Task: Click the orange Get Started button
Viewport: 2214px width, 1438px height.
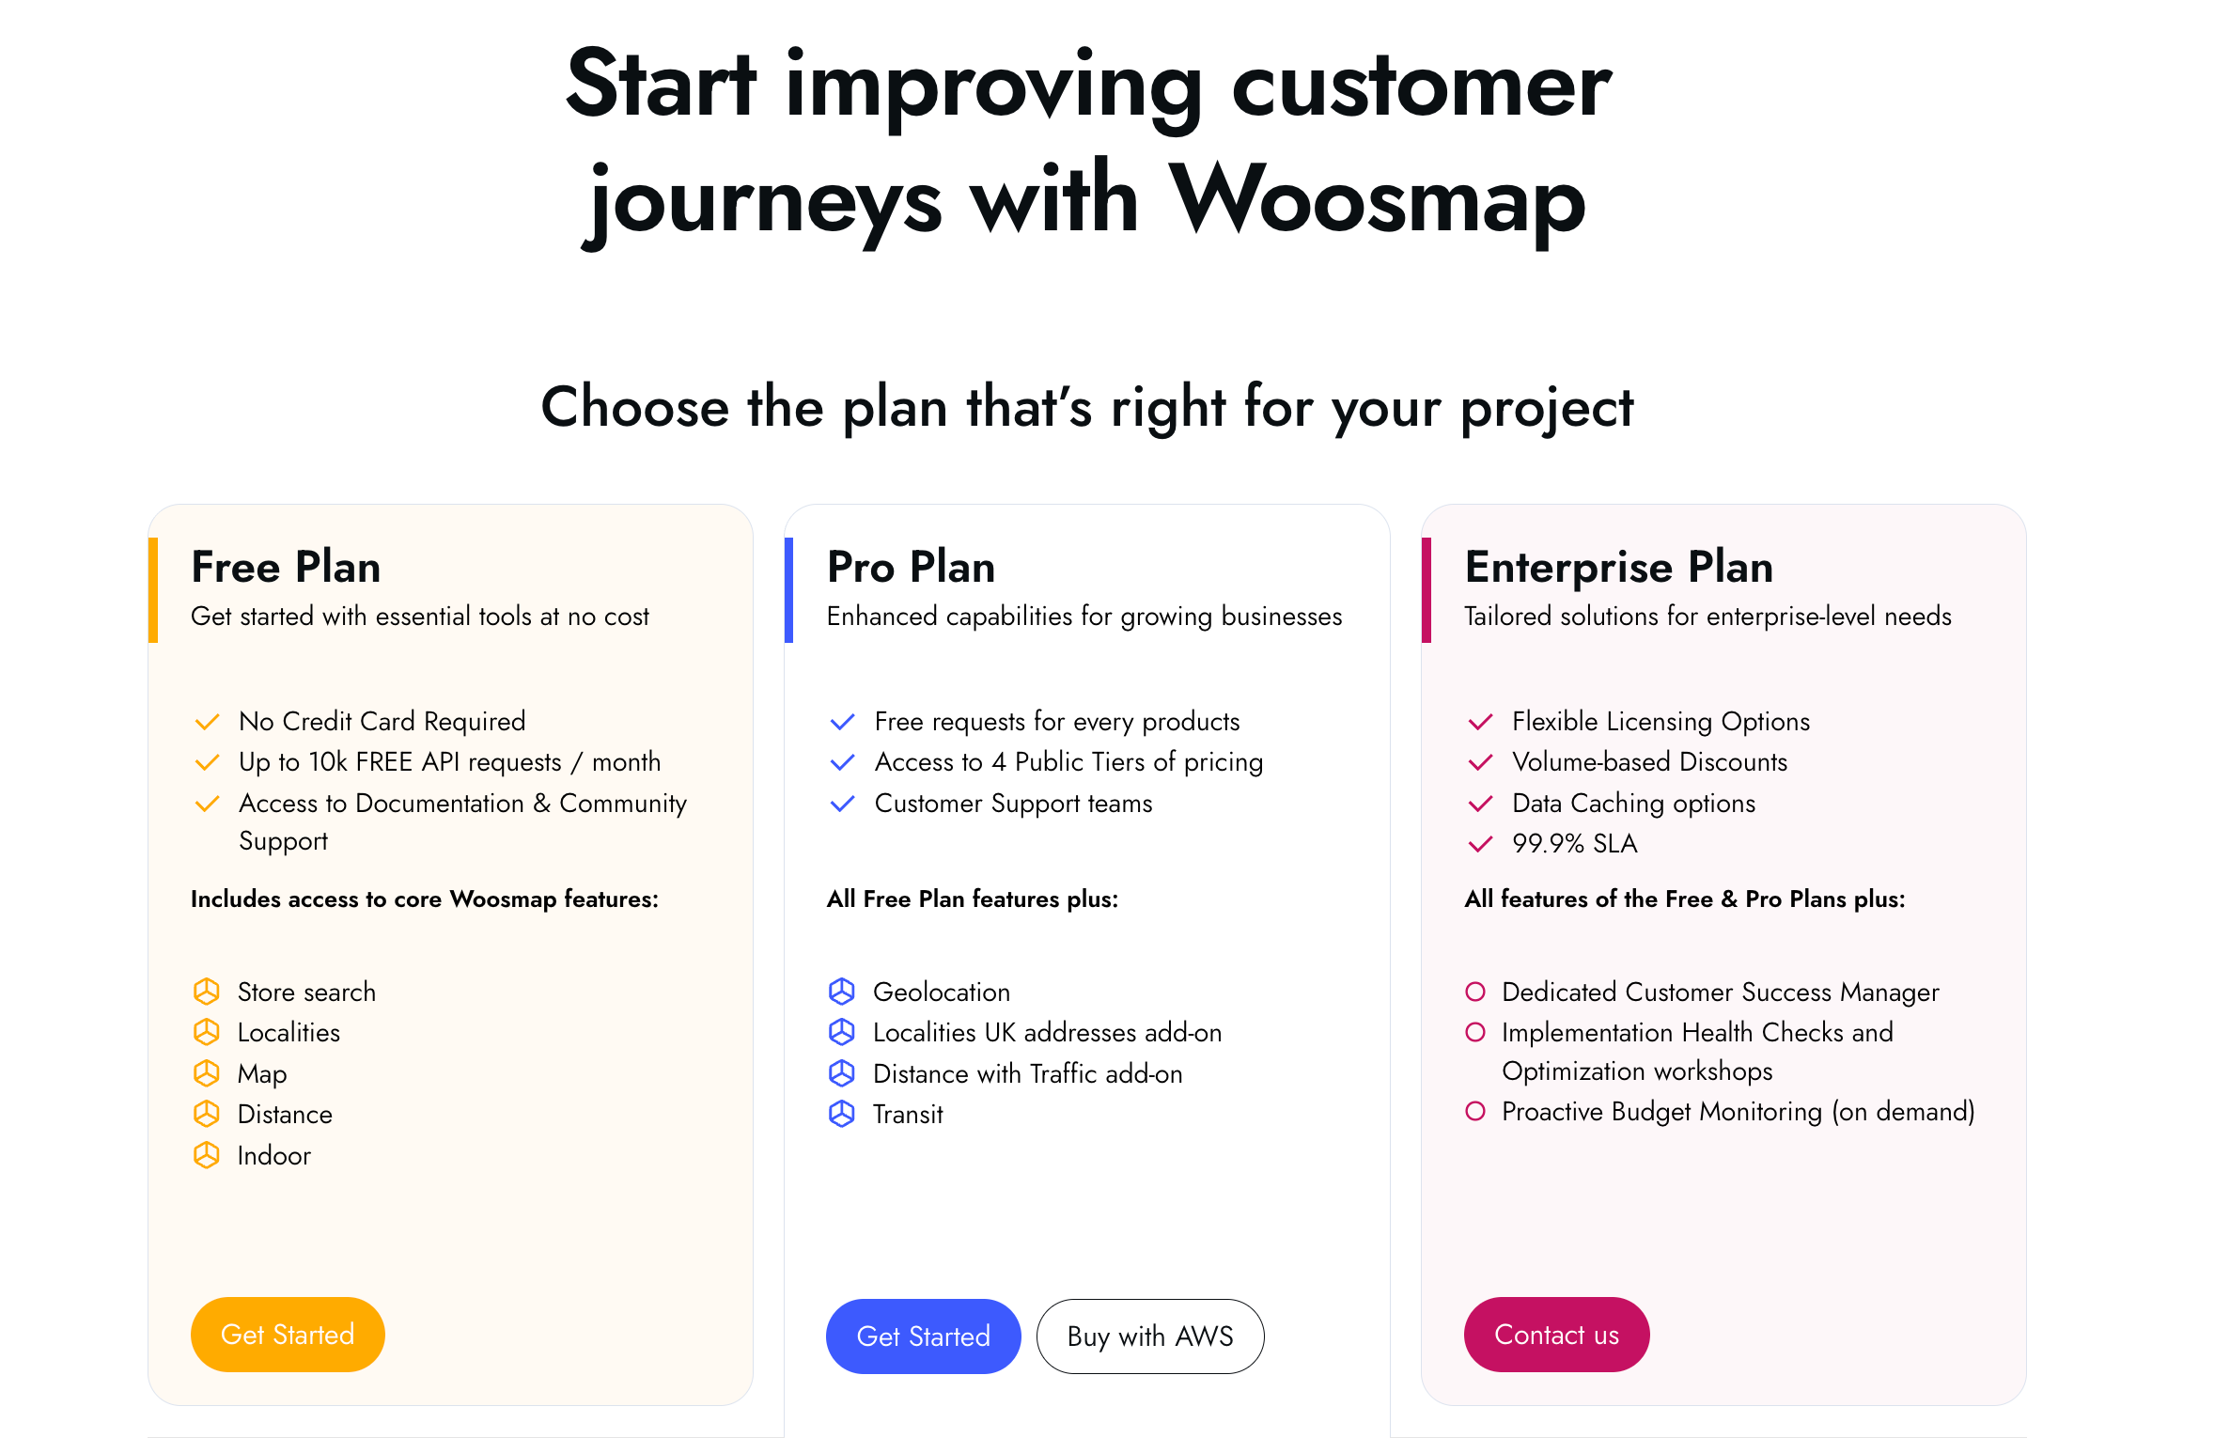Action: click(x=288, y=1334)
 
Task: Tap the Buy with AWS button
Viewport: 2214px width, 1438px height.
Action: click(x=1150, y=1336)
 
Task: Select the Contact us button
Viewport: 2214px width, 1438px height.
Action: click(x=1556, y=1334)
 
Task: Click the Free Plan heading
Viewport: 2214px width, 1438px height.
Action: click(x=286, y=567)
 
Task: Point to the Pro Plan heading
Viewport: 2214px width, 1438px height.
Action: click(x=911, y=567)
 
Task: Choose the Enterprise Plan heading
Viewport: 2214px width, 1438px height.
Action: click(x=1619, y=567)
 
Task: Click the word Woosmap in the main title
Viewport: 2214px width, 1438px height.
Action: click(x=1377, y=199)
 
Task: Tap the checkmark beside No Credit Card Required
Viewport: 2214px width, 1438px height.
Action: click(x=207, y=722)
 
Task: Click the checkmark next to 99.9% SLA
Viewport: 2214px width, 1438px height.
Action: click(x=1480, y=844)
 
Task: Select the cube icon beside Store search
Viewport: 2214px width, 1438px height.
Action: click(x=207, y=992)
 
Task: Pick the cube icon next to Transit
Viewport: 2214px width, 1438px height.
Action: click(x=842, y=1114)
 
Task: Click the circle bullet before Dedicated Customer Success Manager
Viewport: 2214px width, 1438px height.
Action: click(x=1475, y=992)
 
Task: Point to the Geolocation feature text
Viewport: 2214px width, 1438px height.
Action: click(x=942, y=992)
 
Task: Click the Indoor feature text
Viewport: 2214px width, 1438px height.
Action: click(x=273, y=1155)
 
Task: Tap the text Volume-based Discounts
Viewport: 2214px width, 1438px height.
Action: click(x=1649, y=761)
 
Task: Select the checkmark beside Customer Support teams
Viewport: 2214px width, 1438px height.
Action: click(x=843, y=804)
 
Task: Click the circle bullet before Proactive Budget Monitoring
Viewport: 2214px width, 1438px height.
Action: click(x=1475, y=1111)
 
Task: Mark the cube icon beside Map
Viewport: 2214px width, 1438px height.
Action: click(x=207, y=1073)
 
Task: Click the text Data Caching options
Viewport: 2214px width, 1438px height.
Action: click(x=1633, y=803)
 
